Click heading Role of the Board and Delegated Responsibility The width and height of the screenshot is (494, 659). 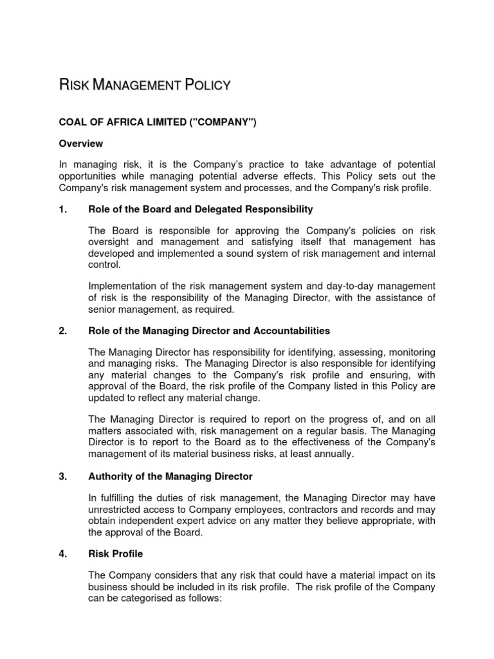click(201, 209)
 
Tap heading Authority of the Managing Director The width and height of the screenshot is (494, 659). click(170, 477)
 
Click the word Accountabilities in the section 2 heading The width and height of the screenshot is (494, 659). click(291, 331)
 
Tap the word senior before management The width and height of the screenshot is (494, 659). click(103, 310)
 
